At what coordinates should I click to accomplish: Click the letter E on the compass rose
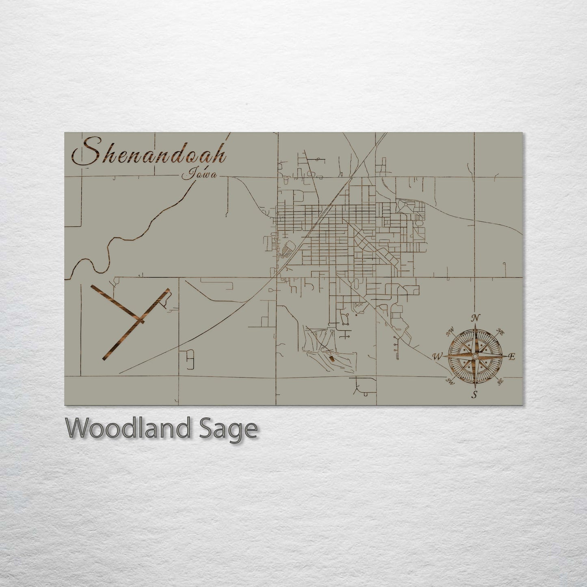[512, 357]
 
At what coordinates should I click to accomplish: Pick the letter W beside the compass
[438, 357]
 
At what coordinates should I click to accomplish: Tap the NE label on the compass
[500, 333]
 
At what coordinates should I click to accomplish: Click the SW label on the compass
[450, 381]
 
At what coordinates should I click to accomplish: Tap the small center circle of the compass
[474, 356]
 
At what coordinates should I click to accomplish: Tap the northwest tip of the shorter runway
[93, 287]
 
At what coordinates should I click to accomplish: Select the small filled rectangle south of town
[331, 359]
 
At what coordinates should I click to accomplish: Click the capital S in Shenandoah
[84, 153]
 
